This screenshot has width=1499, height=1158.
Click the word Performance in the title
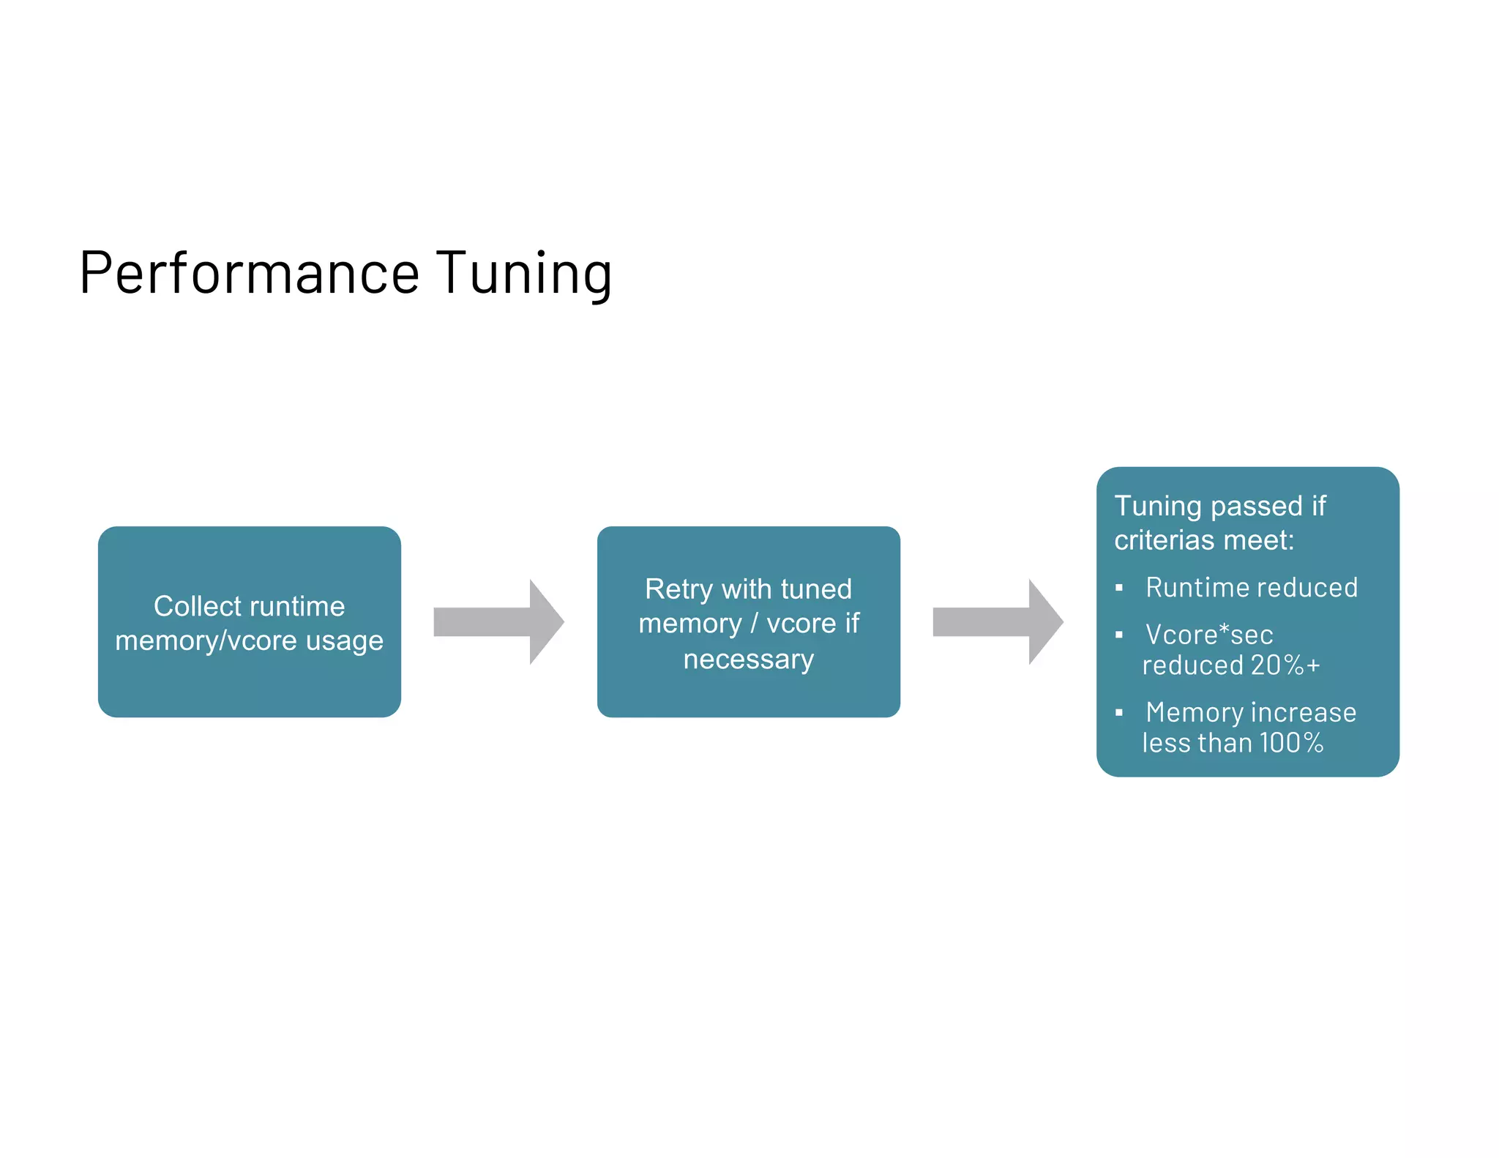coord(249,273)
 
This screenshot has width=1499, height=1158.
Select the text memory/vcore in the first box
coord(206,640)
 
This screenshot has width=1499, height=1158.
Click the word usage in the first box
coord(345,642)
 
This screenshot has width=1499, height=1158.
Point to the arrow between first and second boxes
coord(498,622)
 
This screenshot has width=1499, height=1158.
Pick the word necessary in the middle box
coord(748,660)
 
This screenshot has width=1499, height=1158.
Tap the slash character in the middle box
coord(754,624)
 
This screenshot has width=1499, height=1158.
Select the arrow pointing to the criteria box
coord(998,622)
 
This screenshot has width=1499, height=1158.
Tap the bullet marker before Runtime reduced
coord(1118,588)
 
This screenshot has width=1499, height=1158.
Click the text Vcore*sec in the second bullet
coord(1209,635)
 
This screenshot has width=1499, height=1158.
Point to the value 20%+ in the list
coord(1285,665)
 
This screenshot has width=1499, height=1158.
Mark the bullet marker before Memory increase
coord(1118,712)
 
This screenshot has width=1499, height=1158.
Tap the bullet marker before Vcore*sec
coord(1118,635)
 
